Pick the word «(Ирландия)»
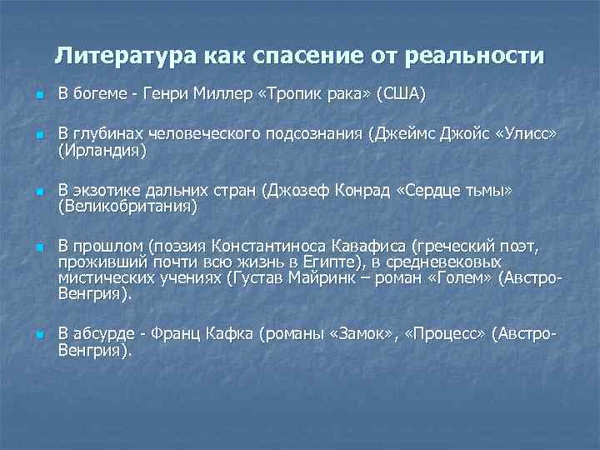102,150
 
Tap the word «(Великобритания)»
127,206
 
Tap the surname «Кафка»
228,334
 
